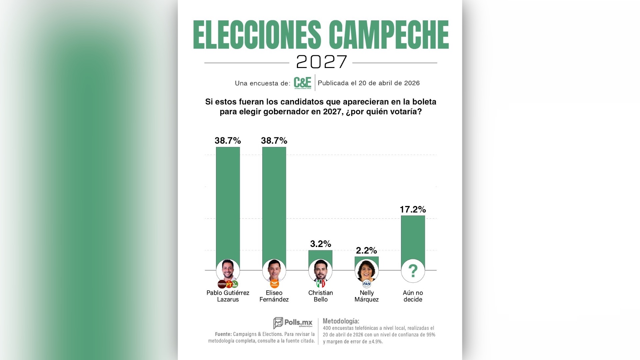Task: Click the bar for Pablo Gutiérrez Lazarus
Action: (228, 203)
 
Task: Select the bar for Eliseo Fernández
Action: (274, 203)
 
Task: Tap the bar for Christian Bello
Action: (320, 255)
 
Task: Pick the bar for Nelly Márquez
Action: (367, 258)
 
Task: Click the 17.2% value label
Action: (413, 209)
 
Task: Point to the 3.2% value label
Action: (320, 244)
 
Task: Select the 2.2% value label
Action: (366, 250)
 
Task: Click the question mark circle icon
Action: (413, 271)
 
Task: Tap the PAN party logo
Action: (367, 284)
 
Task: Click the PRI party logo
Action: (320, 284)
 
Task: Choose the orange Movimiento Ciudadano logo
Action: (274, 284)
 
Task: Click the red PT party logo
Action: (229, 284)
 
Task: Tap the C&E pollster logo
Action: (302, 83)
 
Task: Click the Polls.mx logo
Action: (293, 323)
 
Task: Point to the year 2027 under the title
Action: (321, 62)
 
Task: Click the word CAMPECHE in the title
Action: (389, 35)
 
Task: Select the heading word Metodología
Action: (341, 321)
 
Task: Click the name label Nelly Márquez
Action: (367, 296)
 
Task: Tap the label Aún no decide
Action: (413, 296)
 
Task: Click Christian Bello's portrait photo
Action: (320, 270)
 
